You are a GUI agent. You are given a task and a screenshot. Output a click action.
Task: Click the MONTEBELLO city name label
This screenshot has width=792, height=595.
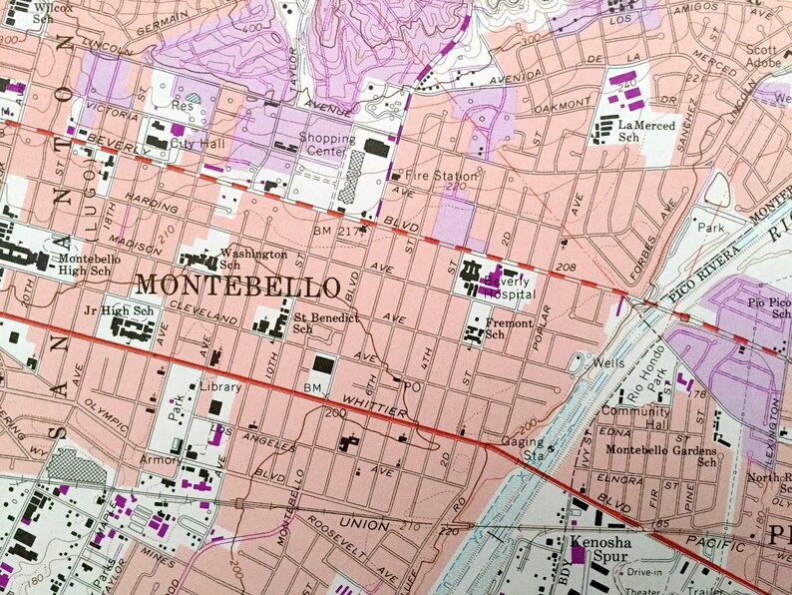(236, 287)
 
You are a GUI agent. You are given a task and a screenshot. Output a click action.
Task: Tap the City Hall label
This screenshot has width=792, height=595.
(194, 143)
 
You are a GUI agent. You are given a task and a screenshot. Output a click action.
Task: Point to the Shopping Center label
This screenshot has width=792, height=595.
(326, 145)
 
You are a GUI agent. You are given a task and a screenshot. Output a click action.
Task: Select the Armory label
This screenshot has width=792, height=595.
(162, 460)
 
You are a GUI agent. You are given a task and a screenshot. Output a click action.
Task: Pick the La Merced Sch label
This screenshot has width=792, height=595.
(645, 131)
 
